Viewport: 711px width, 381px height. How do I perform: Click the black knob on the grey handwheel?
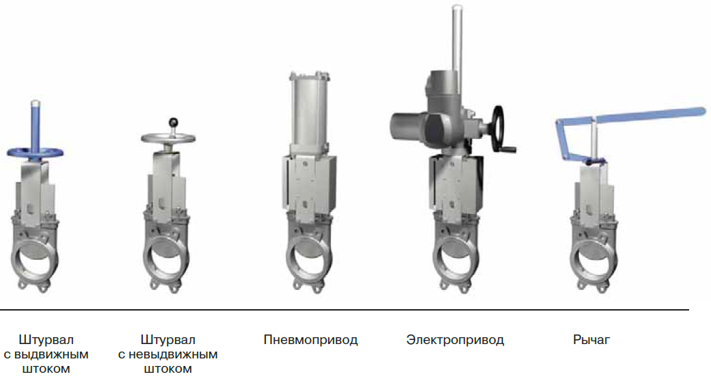[x=173, y=122]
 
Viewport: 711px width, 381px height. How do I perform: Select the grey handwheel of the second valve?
[x=167, y=138]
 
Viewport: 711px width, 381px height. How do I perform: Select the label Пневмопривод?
[x=310, y=340]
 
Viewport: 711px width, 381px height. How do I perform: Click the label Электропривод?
[x=455, y=340]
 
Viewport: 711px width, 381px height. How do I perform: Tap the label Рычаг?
[x=591, y=340]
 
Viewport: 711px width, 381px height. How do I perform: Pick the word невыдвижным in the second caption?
[x=173, y=354]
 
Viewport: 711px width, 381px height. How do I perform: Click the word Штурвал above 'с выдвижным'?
[x=46, y=340]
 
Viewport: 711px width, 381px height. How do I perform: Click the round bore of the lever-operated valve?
[x=593, y=259]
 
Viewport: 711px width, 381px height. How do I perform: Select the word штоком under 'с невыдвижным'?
[x=167, y=369]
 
